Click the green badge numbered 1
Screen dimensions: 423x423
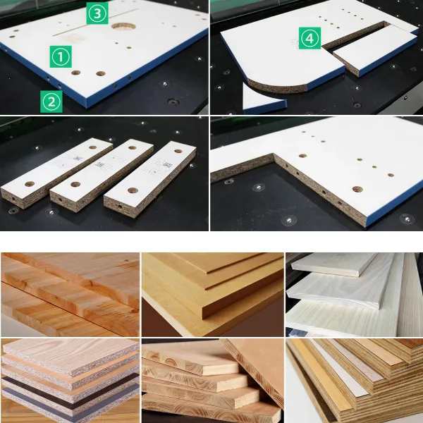(61, 56)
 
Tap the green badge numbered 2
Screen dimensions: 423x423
(51, 102)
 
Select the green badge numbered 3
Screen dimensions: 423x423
(97, 13)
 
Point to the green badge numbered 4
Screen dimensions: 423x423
(309, 38)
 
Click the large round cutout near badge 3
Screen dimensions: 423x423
(123, 27)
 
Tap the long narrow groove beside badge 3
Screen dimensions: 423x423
(96, 22)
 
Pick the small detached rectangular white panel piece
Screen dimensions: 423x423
(375, 51)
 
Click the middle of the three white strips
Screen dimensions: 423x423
(102, 176)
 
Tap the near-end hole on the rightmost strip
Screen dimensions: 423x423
(133, 190)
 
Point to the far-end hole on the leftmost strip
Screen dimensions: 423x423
(93, 147)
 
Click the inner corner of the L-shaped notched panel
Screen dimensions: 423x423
(274, 155)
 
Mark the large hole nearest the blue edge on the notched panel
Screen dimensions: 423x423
(357, 189)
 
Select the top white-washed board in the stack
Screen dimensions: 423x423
(334, 264)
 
